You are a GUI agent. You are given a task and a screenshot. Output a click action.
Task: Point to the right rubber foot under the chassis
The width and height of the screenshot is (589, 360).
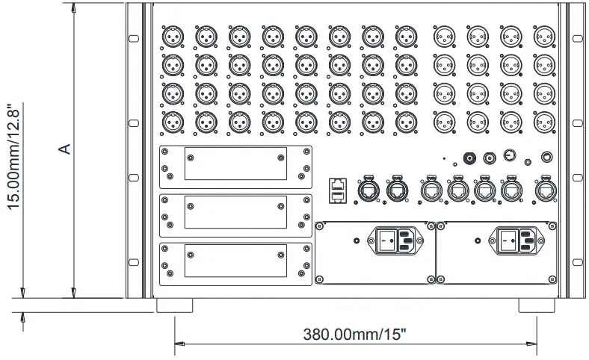pos(538,305)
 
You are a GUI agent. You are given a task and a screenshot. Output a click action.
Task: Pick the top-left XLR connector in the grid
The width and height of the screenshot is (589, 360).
pos(173,36)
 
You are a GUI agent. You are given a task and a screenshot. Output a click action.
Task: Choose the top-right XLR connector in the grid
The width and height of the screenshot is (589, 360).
pos(544,36)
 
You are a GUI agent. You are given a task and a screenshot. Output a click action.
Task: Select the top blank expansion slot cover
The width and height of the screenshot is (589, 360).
pos(235,166)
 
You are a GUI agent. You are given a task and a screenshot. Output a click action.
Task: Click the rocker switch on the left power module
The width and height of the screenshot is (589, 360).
pos(386,241)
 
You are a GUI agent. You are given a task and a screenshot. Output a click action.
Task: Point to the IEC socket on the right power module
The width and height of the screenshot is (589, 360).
pos(525,241)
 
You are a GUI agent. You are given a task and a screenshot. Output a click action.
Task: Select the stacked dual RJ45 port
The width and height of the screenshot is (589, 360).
pos(337,190)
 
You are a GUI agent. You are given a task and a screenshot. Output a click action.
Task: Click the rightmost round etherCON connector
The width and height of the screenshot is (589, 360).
pos(545,190)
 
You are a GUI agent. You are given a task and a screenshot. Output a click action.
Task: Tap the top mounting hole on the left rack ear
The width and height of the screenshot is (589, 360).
pos(133,38)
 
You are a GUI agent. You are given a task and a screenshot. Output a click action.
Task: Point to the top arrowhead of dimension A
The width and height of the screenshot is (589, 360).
pos(73,7)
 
